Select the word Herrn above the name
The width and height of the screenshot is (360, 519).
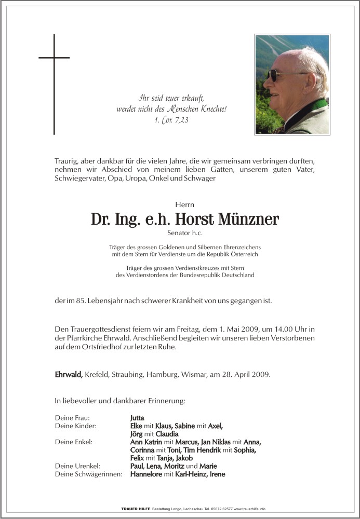pyautogui.click(x=185, y=205)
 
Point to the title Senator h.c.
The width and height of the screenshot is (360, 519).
pyautogui.click(x=185, y=234)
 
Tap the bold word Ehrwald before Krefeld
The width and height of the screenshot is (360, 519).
pyautogui.click(x=69, y=374)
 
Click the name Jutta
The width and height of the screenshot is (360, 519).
pyautogui.click(x=137, y=418)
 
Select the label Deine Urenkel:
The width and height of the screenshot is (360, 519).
pyautogui.click(x=77, y=466)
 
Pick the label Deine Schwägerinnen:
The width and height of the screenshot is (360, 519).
pyautogui.click(x=88, y=474)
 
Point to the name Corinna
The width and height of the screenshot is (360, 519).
pyautogui.click(x=143, y=450)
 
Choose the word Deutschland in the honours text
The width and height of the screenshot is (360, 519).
pyautogui.click(x=237, y=275)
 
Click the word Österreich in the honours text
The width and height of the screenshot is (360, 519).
pyautogui.click(x=243, y=254)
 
